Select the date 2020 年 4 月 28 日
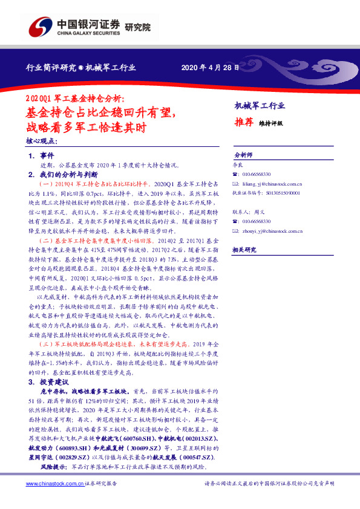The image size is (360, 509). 211,67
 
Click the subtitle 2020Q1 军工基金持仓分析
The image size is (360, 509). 74,99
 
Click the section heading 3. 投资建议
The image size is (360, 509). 48,383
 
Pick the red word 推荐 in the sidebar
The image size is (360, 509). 243,122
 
